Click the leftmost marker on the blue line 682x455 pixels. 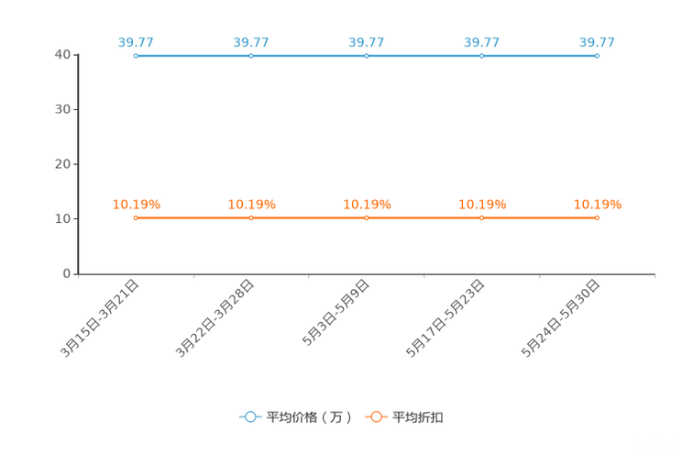tap(136, 56)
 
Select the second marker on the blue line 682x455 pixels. tap(251, 56)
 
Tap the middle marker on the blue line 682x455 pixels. tap(367, 56)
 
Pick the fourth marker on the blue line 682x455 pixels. tap(482, 56)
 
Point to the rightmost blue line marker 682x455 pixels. tap(597, 56)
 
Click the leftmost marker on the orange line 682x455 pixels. tap(136, 217)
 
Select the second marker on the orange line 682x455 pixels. tap(251, 217)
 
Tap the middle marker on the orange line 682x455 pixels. tap(367, 217)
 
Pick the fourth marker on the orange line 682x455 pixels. tap(482, 217)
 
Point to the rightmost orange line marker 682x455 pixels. tap(597, 217)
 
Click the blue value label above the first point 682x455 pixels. tap(136, 41)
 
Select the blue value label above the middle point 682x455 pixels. tap(367, 41)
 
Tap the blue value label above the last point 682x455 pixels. tap(597, 41)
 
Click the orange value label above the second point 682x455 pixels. tap(251, 204)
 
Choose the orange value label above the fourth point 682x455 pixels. tap(482, 204)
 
